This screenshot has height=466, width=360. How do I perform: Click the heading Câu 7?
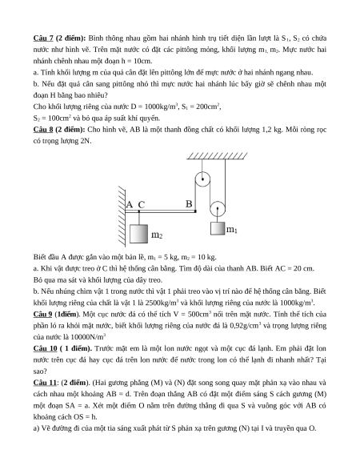tap(43, 38)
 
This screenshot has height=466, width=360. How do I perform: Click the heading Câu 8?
tap(43, 130)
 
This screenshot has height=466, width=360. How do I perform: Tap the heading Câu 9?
tap(42, 315)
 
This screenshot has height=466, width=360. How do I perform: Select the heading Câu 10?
tap(45, 348)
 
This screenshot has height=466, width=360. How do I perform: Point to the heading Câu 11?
tap(45, 383)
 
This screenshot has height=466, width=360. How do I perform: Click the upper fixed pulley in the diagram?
tap(202, 179)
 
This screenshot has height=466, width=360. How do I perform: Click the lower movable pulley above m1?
tap(218, 209)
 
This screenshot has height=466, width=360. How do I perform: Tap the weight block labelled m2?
tap(138, 234)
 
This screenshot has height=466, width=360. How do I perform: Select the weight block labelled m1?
tap(218, 228)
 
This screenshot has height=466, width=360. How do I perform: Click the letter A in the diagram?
tap(130, 205)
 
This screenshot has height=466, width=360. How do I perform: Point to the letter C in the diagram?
tap(142, 205)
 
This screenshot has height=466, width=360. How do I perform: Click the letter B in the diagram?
tap(189, 204)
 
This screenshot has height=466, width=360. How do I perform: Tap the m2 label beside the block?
tap(157, 235)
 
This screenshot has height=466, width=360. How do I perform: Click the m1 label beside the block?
tap(232, 230)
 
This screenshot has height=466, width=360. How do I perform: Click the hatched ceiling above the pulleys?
tap(217, 156)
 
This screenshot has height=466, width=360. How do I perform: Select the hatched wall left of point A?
tap(122, 217)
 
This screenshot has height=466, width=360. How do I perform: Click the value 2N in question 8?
tap(86, 141)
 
